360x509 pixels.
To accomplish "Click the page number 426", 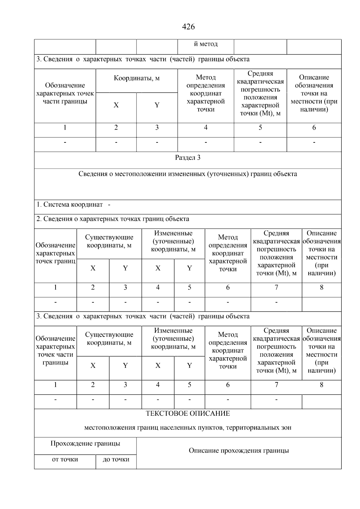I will click(188, 27).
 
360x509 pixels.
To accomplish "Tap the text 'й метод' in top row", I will click(205, 44).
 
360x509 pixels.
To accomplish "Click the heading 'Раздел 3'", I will click(188, 158).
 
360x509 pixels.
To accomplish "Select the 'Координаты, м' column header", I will click(136, 79).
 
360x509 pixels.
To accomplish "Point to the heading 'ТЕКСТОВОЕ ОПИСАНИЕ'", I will click(188, 414).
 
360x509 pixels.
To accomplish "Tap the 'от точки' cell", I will click(65, 460).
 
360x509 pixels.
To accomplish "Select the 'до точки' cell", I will click(116, 460).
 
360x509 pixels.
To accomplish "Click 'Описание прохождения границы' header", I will click(239, 451).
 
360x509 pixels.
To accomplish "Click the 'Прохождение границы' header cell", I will click(85, 444).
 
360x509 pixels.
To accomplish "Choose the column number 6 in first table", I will click(314, 128).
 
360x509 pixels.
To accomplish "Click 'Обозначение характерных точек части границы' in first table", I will click(65, 93).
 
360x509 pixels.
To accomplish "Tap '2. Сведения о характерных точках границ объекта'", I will click(113, 219).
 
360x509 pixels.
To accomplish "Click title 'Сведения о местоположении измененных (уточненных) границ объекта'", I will click(188, 174).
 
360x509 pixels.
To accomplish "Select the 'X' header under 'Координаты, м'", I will click(116, 105).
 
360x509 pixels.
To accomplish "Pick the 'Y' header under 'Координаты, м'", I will click(157, 105).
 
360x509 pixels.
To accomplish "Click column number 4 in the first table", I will click(205, 128).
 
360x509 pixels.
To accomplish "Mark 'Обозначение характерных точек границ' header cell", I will click(55, 253).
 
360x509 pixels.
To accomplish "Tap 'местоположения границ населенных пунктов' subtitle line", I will click(188, 428).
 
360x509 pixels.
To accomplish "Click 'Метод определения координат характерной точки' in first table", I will click(205, 93).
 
